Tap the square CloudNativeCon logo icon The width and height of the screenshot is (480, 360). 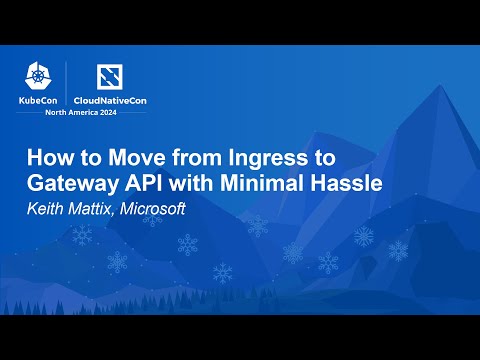point(109,76)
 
